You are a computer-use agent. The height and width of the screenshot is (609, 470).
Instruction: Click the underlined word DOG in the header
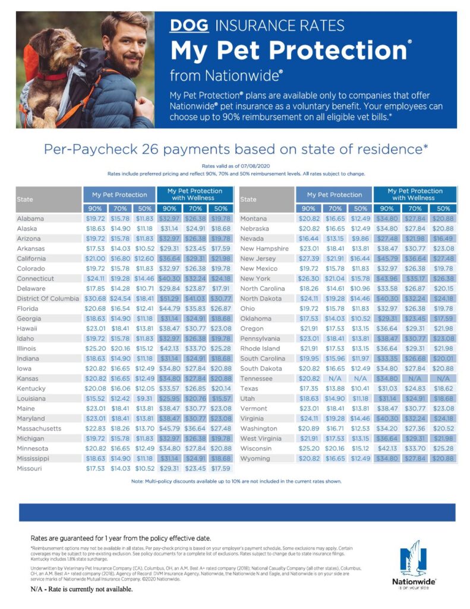189,26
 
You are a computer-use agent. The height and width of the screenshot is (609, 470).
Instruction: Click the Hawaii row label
27,328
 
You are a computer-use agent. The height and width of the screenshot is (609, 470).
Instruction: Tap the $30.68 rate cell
95,299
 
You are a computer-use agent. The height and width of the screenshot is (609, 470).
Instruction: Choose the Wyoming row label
255,459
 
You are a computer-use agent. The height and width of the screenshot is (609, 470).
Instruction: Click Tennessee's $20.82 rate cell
309,379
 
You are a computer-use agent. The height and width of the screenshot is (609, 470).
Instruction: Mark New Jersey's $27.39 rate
309,259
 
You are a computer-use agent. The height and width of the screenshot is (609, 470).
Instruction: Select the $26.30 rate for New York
309,278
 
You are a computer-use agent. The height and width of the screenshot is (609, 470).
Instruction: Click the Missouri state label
29,469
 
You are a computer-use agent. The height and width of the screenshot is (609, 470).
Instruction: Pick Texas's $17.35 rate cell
309,388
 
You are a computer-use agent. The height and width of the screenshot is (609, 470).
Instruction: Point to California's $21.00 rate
95,259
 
